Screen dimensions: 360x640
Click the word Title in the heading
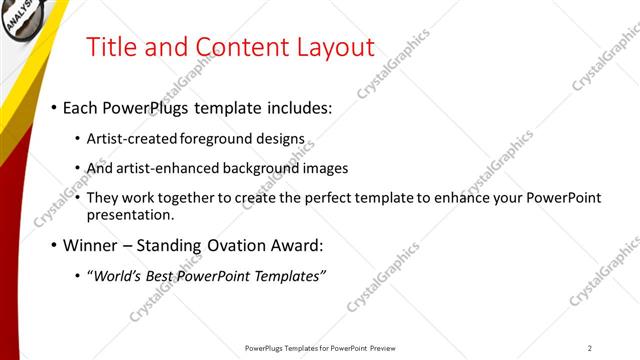[113, 47]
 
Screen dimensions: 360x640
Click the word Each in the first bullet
[82, 107]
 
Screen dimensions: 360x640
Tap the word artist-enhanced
[166, 168]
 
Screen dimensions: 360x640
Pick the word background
[265, 168]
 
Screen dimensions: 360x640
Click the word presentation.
[131, 214]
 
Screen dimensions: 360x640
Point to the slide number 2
[590, 348]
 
